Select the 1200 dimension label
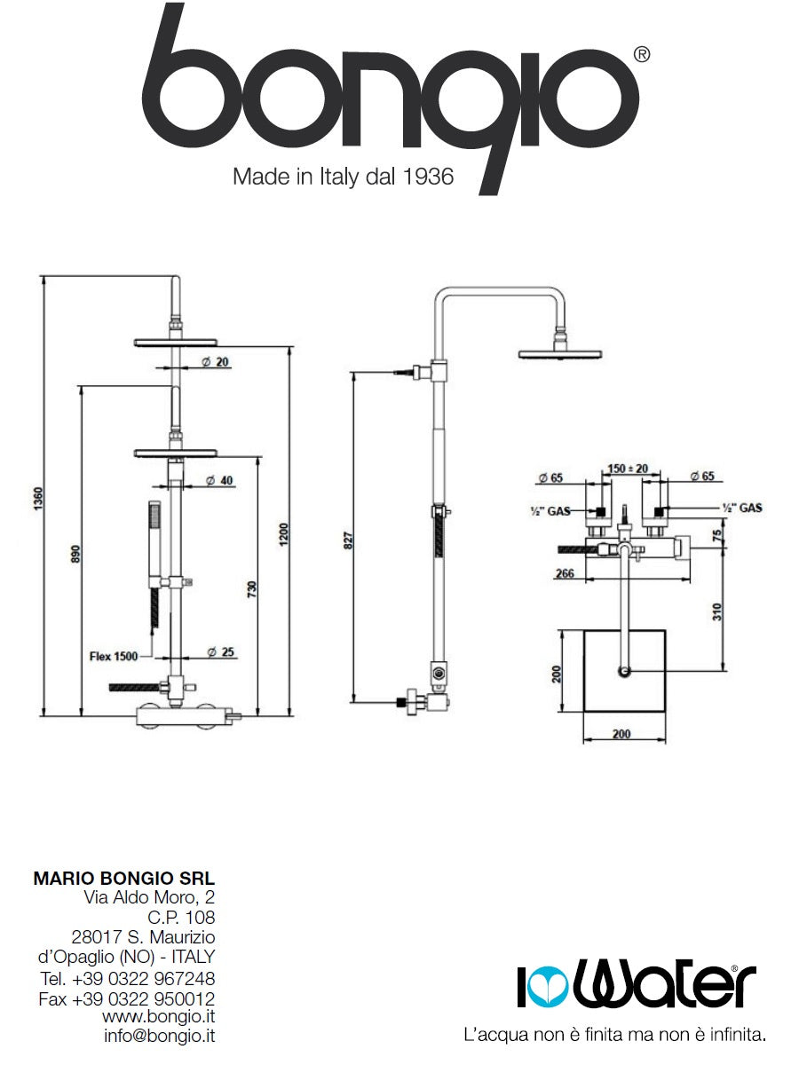click(x=283, y=533)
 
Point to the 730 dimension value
click(x=252, y=588)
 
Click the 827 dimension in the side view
click(x=348, y=539)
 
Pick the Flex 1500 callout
click(x=113, y=657)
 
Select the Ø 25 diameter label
click(x=221, y=652)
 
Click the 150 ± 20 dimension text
click(x=628, y=468)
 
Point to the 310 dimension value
click(x=717, y=611)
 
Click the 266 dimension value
click(x=564, y=573)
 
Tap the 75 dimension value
click(x=716, y=535)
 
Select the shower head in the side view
click(x=560, y=354)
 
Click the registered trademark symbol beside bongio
click(x=641, y=55)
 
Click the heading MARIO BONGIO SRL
click(x=123, y=879)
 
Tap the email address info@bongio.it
click(x=159, y=1035)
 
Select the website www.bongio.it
click(x=158, y=1015)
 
